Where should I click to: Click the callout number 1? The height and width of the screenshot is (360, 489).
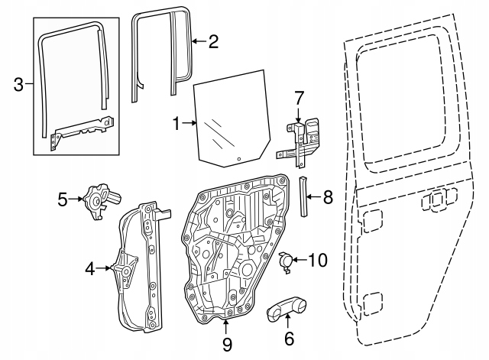(176, 122)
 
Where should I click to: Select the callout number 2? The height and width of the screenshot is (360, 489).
(213, 41)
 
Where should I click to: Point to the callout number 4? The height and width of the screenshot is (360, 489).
(90, 268)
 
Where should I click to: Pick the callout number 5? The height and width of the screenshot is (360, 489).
(63, 200)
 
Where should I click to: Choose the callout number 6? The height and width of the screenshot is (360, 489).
(288, 337)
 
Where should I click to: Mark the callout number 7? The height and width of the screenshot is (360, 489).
(300, 97)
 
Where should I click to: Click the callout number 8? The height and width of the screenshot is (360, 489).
(328, 198)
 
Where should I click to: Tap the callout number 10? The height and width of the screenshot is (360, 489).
(316, 261)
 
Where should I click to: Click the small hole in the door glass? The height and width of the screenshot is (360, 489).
(238, 159)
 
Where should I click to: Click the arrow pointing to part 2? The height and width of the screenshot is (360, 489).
(196, 41)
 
